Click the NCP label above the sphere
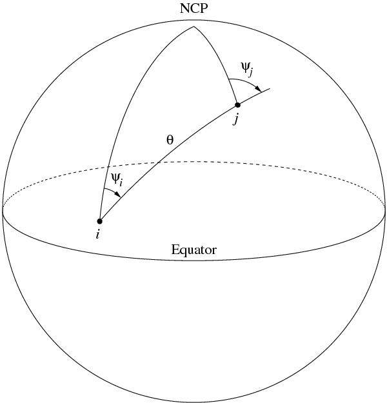(193, 8)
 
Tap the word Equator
(194, 250)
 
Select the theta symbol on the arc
(170, 141)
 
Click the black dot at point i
(100, 221)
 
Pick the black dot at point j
(238, 105)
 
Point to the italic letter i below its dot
(97, 234)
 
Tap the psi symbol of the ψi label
(115, 178)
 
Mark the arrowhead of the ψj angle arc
(258, 88)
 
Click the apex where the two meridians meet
(193, 26)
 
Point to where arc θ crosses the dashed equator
(158, 162)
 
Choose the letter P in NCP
(204, 8)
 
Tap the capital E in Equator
(175, 250)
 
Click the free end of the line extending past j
(270, 89)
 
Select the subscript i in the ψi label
(121, 182)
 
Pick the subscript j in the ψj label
(250, 72)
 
